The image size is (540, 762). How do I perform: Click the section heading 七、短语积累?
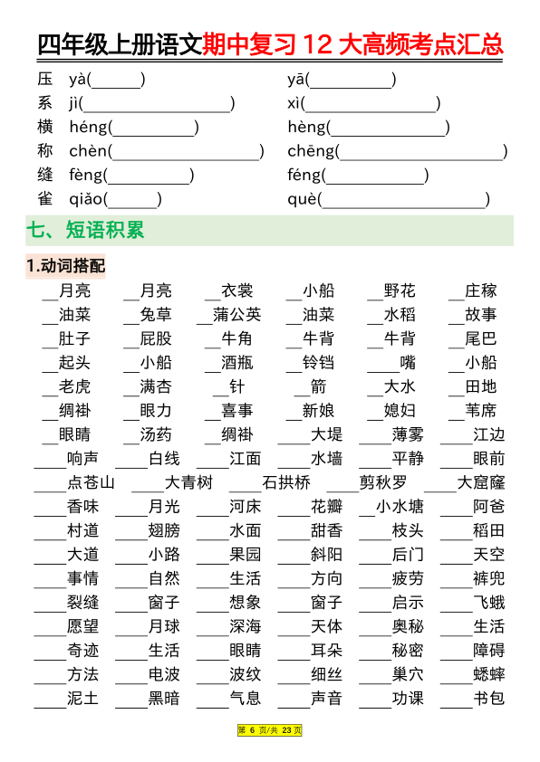(x=85, y=231)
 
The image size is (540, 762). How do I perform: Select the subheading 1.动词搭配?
(x=65, y=266)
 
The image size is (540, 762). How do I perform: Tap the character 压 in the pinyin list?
(x=45, y=80)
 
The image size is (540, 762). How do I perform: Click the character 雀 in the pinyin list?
(x=45, y=199)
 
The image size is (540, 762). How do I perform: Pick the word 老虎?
(x=74, y=386)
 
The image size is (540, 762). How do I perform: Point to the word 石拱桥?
(x=285, y=482)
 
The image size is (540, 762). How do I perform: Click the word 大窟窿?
(x=481, y=482)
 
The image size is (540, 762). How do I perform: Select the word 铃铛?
(x=318, y=363)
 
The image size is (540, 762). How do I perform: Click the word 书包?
(x=489, y=699)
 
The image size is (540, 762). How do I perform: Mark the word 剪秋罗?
(x=382, y=482)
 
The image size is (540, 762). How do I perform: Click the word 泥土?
(x=82, y=699)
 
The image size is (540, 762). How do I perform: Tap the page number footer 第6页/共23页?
(x=270, y=730)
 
